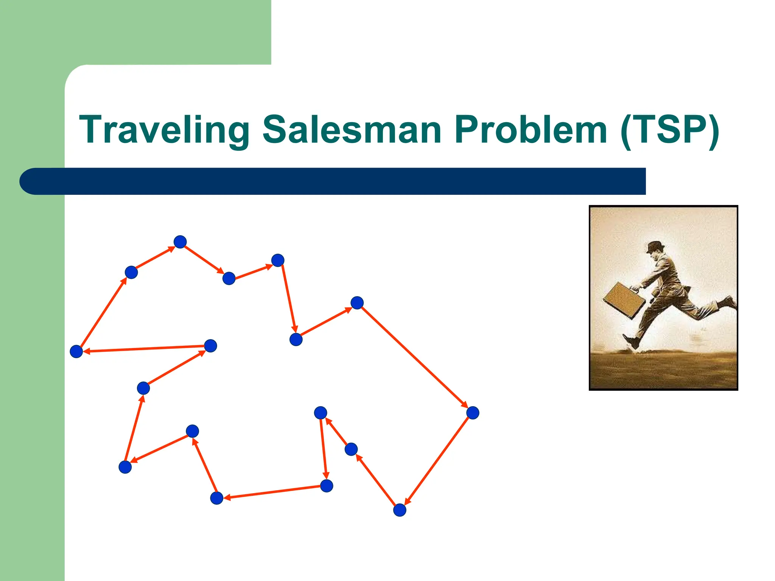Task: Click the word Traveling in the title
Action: point(164,130)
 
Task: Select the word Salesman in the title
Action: point(352,130)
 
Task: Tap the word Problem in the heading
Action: point(531,130)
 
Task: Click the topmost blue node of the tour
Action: point(180,242)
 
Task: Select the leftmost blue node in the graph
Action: point(76,351)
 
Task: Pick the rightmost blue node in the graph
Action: point(473,413)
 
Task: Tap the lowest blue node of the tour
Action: point(400,510)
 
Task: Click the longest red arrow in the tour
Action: point(415,357)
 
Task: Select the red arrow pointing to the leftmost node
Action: point(144,349)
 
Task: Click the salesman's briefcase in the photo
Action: point(624,300)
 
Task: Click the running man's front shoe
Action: point(632,341)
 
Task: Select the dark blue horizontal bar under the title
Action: point(341,181)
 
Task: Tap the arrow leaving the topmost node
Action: point(204,259)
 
